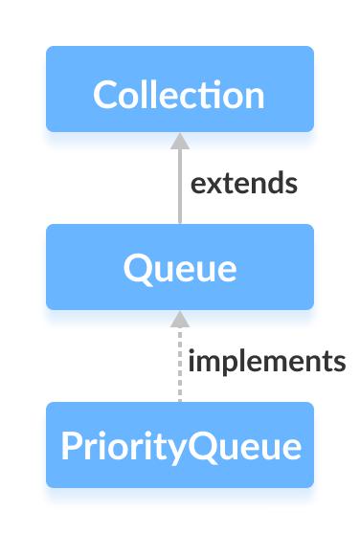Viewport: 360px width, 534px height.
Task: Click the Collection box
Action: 179,89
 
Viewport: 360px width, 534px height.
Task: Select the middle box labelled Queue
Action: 179,267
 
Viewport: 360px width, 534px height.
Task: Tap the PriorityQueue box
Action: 179,445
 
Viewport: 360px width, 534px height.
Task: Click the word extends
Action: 244,183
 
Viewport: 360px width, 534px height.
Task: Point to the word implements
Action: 267,362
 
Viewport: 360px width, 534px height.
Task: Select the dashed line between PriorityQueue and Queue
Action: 179,368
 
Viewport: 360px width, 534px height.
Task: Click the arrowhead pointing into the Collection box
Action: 179,141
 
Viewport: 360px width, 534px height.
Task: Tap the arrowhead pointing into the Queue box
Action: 179,319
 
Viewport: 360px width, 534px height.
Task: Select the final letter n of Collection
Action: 254,97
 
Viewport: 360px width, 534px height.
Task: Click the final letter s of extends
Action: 291,184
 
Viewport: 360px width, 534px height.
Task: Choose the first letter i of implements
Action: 192,361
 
